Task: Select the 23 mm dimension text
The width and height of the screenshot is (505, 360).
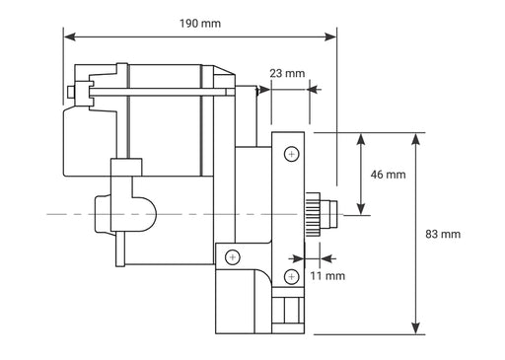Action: [287, 73]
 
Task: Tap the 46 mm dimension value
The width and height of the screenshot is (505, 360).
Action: [388, 175]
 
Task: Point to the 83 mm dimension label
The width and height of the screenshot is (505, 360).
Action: [443, 235]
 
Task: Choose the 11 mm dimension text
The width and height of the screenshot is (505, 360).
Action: [327, 276]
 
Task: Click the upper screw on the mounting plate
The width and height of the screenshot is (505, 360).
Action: [290, 154]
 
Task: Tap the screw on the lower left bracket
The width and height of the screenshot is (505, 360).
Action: [232, 257]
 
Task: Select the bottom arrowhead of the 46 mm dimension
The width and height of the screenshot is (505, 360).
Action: [363, 209]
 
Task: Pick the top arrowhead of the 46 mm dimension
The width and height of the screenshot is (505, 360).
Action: [363, 136]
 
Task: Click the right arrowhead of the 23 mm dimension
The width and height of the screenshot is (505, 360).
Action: [315, 89]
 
